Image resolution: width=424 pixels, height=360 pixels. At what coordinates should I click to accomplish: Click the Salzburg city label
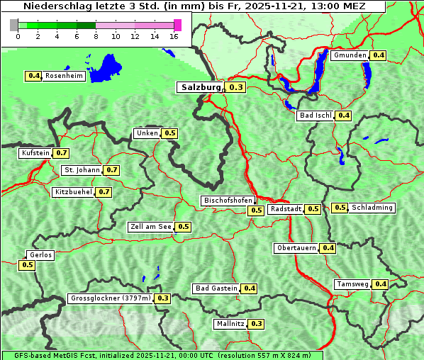click(x=201, y=87)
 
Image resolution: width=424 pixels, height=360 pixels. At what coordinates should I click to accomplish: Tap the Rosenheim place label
click(x=64, y=76)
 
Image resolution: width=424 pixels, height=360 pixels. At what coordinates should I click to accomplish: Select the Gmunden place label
click(x=350, y=55)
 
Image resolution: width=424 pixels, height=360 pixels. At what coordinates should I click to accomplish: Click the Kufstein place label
click(x=35, y=153)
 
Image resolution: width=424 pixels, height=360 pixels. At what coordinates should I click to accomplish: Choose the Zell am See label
click(x=150, y=227)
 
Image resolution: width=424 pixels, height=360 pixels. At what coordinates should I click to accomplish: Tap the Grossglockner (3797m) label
click(x=111, y=298)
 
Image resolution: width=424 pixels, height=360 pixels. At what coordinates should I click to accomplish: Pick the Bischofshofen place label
click(x=228, y=201)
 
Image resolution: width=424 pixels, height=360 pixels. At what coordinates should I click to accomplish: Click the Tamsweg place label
click(x=352, y=284)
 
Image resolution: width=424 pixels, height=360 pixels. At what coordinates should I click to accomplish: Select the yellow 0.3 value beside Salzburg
click(x=236, y=87)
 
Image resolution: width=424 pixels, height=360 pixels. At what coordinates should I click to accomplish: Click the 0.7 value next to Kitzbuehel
click(x=104, y=192)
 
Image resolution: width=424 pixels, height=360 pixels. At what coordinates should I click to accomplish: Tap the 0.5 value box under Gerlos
click(x=28, y=265)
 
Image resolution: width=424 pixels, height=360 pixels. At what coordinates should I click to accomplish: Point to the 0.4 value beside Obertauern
click(x=328, y=248)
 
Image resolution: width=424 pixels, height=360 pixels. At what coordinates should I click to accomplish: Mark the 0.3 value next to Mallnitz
click(x=257, y=324)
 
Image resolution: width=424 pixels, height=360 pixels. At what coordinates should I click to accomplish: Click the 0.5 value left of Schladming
click(x=340, y=208)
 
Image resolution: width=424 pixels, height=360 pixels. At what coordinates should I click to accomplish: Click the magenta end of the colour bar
click(x=177, y=25)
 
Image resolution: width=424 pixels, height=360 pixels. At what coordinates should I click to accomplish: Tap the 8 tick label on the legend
click(x=96, y=36)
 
